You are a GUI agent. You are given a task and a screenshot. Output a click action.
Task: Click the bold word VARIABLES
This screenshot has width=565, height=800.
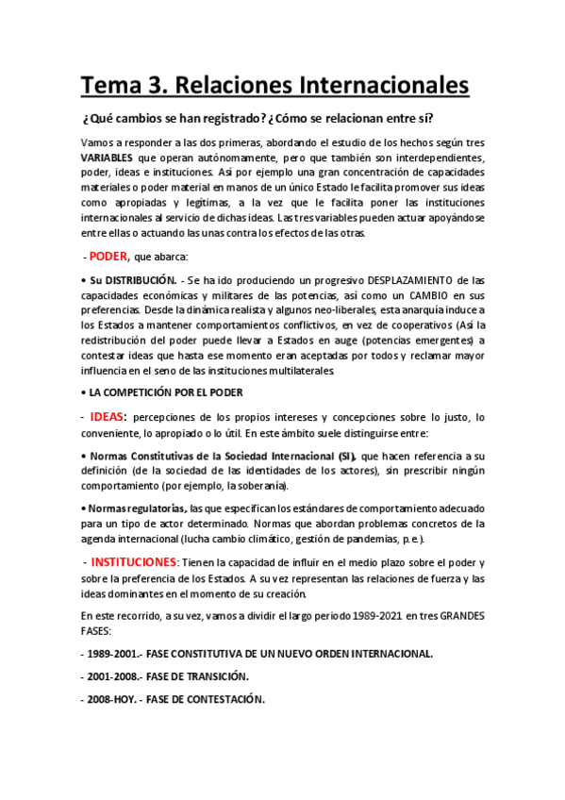[x=113, y=157]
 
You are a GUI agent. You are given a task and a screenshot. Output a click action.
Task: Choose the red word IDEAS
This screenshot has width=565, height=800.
[x=108, y=416]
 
